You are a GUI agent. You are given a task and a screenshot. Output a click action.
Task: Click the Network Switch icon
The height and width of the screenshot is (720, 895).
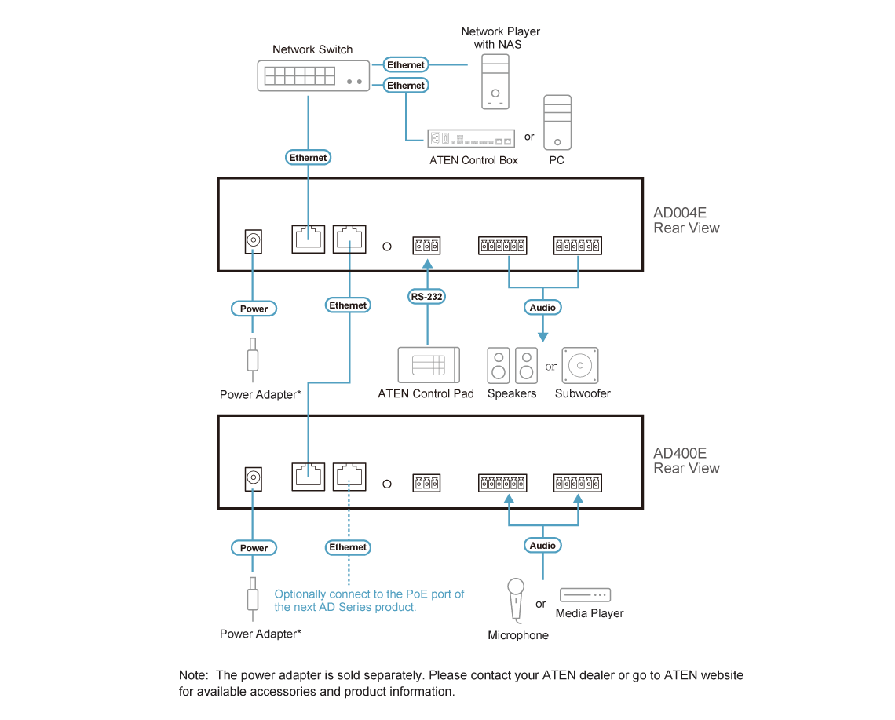tap(311, 75)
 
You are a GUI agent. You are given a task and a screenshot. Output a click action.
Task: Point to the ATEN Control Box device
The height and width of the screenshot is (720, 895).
tap(470, 140)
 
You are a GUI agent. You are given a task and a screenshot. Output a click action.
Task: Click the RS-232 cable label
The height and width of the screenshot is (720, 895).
tap(427, 297)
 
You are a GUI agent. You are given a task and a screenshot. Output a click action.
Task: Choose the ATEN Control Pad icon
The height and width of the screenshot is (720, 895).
tap(427, 364)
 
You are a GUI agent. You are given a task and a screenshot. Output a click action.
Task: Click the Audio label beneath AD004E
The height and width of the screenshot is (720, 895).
tap(542, 308)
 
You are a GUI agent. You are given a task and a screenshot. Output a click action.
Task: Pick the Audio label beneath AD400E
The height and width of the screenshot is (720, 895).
tap(542, 545)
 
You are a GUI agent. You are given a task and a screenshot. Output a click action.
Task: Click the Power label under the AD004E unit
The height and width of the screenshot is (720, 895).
tap(254, 309)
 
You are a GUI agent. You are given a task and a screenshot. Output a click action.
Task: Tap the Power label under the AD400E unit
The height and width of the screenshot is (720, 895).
tap(254, 548)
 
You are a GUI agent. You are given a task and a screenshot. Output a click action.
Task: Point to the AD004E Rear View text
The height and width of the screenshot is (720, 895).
tap(685, 221)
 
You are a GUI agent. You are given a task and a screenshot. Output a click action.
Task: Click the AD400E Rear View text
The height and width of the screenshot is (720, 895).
tap(685, 461)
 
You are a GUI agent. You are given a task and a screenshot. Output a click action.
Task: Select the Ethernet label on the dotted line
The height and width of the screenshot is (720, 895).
tap(348, 547)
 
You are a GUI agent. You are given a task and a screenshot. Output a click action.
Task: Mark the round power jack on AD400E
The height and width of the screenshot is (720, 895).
tap(253, 478)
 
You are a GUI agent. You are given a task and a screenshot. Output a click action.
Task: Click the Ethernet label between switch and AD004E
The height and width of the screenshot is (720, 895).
tap(308, 158)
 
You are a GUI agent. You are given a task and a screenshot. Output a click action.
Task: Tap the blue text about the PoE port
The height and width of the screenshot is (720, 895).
tap(369, 601)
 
